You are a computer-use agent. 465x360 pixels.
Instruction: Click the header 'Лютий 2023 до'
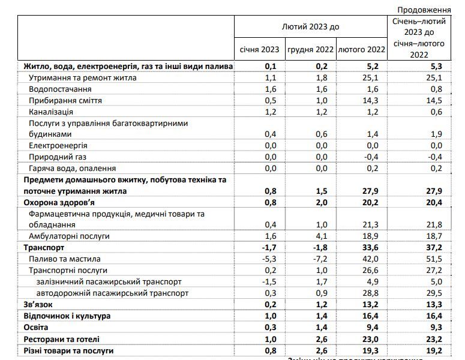310,27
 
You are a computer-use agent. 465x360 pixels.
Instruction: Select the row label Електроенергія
58,146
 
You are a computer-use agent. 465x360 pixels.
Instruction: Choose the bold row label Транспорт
43,247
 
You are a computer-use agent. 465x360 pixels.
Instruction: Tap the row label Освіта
37,326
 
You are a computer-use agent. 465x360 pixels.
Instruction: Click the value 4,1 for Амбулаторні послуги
322,236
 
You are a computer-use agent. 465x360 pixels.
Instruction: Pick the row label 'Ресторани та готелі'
60,338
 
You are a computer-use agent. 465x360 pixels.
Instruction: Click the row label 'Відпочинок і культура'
67,315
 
